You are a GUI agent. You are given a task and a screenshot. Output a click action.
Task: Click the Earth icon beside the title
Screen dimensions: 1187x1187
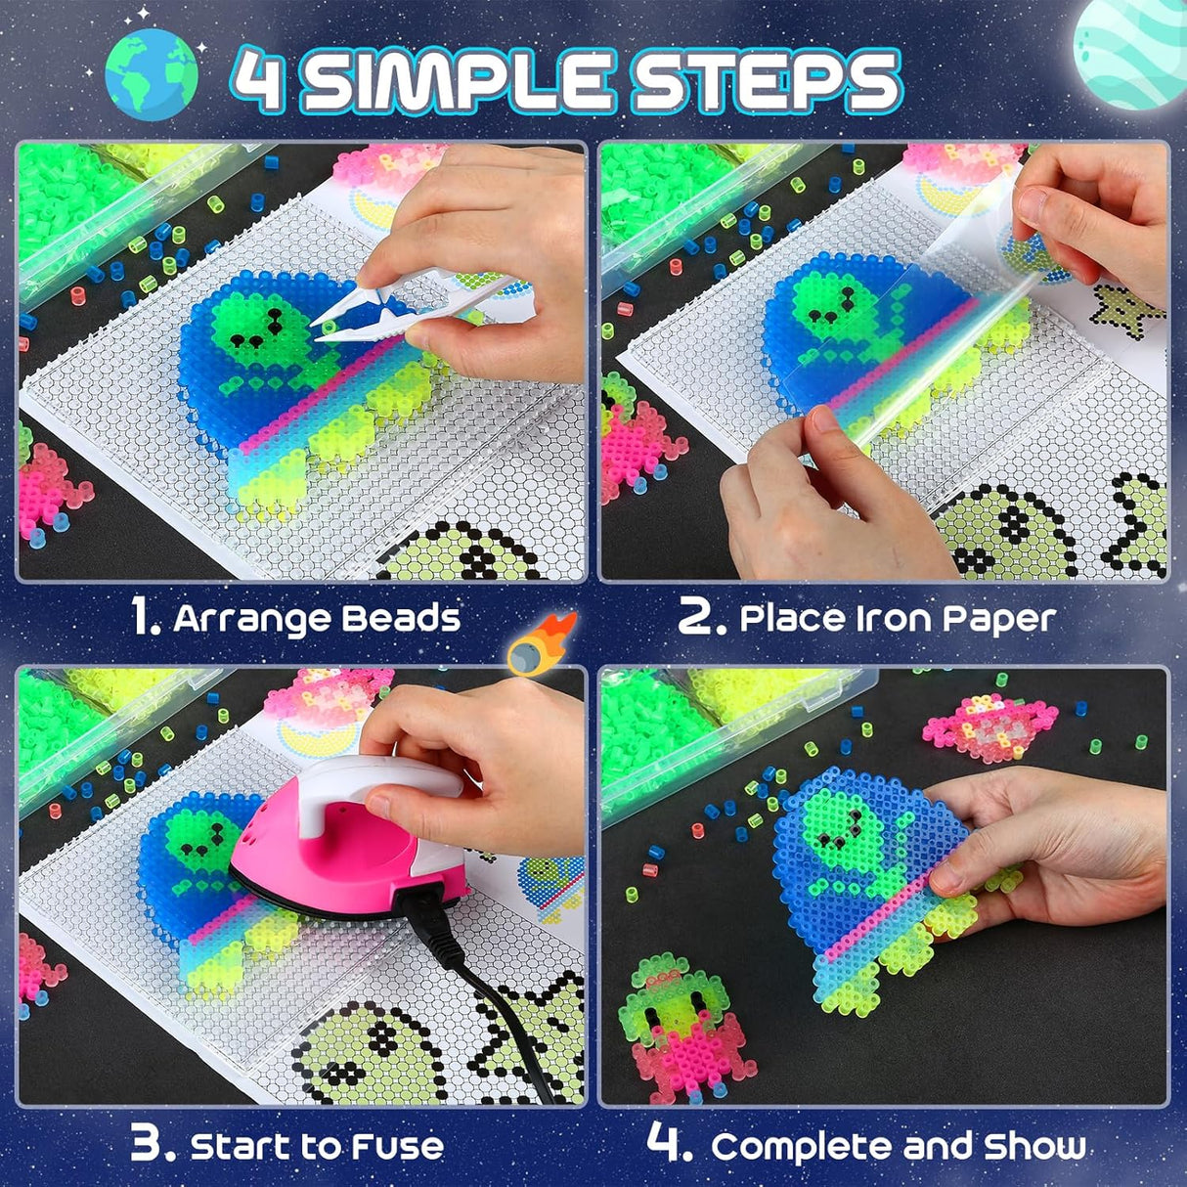coord(152,74)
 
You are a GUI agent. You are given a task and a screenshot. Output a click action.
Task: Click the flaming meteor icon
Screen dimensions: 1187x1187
coord(543,645)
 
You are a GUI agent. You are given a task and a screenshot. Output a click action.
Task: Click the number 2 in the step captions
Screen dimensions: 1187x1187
coord(702,618)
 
